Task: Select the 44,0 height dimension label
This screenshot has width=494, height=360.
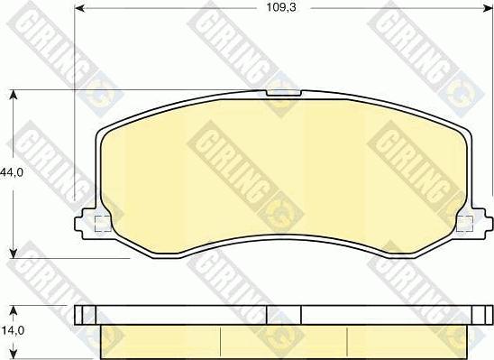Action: point(11,171)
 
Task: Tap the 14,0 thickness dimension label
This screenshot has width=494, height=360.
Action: point(11,330)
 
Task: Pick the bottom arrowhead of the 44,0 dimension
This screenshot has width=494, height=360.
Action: point(13,254)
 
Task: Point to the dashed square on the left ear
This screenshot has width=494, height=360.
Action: point(103,224)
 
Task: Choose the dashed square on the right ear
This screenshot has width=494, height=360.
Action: point(465,224)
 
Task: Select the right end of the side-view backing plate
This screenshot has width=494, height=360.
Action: point(481,314)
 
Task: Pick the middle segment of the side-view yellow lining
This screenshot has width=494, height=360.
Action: point(283,339)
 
